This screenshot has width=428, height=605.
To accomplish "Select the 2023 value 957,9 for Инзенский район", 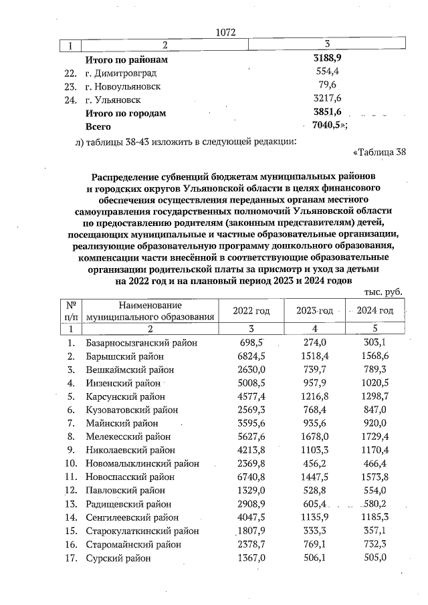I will pos(314,383).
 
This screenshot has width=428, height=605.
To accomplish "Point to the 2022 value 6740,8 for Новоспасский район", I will pos(251,477).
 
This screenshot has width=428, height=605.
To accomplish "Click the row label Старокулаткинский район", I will pos(142,531).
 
